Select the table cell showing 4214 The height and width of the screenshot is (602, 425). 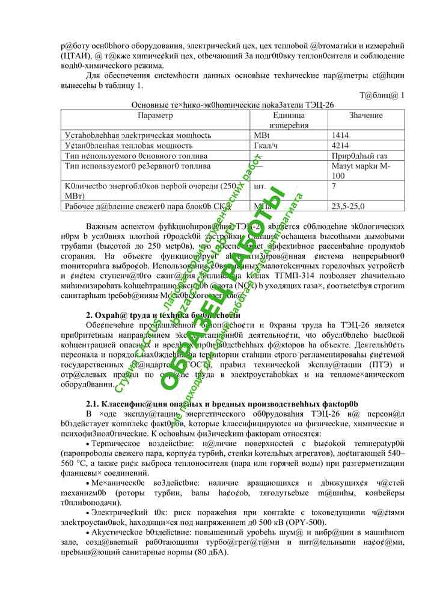pos(340,146)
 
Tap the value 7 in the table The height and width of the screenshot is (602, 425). pos(334,186)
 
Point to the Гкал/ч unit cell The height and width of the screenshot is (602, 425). pos(266,146)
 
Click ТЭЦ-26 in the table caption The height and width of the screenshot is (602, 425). pos(320,105)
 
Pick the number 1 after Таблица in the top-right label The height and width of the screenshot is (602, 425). pos(402,95)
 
